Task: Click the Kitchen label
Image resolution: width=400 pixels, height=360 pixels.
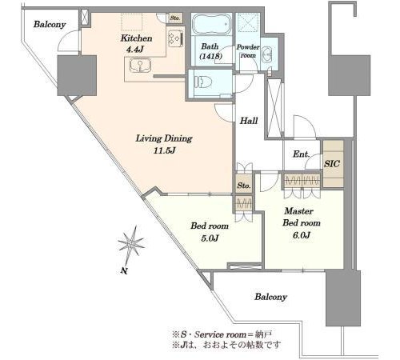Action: point(136,38)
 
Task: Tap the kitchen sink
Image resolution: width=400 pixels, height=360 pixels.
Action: point(140,66)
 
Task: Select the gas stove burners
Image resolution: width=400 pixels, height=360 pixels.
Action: point(176,38)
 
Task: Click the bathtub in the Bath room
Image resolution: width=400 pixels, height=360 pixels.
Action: point(211,24)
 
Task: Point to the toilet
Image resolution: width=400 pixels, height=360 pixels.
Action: point(203,82)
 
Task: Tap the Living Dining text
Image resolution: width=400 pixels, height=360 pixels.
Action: point(164,138)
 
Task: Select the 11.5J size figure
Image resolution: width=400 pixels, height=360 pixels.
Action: point(164,151)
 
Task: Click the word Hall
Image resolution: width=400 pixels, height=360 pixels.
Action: point(249,121)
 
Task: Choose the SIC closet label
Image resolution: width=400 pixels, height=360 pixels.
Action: point(332,164)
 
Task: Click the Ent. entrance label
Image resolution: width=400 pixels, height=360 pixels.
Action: point(302,154)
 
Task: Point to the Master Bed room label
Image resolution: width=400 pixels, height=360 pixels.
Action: point(302,217)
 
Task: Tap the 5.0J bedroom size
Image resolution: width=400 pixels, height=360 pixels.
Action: point(210,238)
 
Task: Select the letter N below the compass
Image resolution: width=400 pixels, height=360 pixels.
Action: point(123,271)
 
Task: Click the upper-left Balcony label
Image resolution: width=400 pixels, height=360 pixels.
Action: point(50,25)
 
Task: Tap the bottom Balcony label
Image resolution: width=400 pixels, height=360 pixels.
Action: point(270,297)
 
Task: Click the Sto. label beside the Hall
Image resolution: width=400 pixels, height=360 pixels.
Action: point(244,185)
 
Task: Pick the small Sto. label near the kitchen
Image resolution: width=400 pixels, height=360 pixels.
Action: point(175,18)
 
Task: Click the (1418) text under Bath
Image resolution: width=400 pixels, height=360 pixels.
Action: point(211,56)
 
